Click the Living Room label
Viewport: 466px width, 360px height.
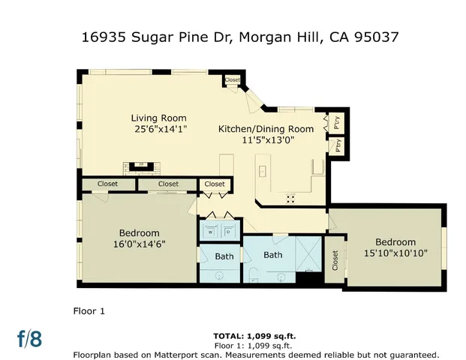click(x=158, y=118)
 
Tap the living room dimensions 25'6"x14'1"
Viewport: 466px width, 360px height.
click(x=158, y=129)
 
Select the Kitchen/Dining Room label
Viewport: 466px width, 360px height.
click(x=266, y=129)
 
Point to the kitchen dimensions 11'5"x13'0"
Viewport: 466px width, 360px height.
click(x=267, y=139)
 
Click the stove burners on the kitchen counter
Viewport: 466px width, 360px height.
click(x=290, y=198)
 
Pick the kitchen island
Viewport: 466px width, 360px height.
click(x=262, y=171)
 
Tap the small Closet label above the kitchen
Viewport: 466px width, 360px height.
click(x=232, y=79)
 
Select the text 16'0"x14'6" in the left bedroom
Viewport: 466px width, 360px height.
click(x=138, y=244)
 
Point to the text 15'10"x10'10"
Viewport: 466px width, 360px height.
click(x=395, y=253)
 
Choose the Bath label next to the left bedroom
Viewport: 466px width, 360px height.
click(x=224, y=256)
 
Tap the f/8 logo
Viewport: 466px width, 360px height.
click(x=30, y=338)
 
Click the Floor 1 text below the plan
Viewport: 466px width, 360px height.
click(x=88, y=310)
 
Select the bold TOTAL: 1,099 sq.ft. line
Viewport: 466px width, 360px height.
click(x=256, y=336)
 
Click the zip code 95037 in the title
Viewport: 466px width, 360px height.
click(x=373, y=37)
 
